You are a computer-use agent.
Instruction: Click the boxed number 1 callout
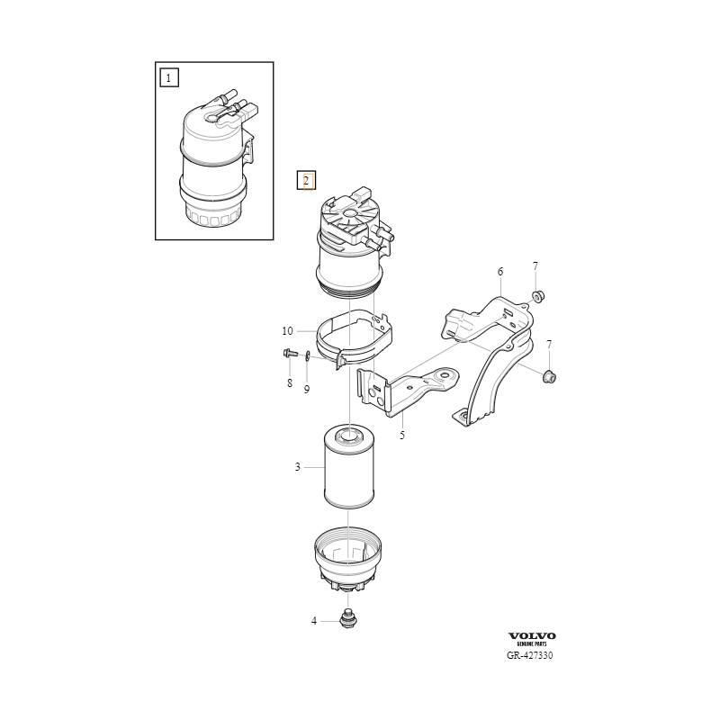click(x=168, y=77)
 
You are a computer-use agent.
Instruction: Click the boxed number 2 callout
click(x=306, y=181)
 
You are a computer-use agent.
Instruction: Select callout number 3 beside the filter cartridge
click(x=298, y=467)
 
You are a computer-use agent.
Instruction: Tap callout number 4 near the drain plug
click(x=314, y=621)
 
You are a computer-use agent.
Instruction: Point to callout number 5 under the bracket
click(x=402, y=435)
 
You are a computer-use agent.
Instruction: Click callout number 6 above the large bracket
click(x=500, y=272)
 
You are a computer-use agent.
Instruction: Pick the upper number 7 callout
click(x=535, y=265)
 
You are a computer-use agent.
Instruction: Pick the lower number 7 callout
click(x=549, y=344)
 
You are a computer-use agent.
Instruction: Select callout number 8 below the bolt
click(x=290, y=382)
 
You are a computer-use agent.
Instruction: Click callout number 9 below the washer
click(x=307, y=389)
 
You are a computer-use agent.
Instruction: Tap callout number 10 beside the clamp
click(x=287, y=330)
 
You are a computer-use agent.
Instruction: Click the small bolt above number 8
click(x=290, y=353)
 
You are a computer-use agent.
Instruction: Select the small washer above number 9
click(x=307, y=354)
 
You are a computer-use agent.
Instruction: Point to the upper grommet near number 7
click(x=538, y=295)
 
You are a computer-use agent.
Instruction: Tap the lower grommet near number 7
click(x=550, y=377)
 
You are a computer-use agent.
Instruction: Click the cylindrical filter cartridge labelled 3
click(x=349, y=466)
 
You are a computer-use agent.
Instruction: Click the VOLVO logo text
click(x=532, y=636)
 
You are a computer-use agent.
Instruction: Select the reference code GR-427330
click(x=530, y=655)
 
